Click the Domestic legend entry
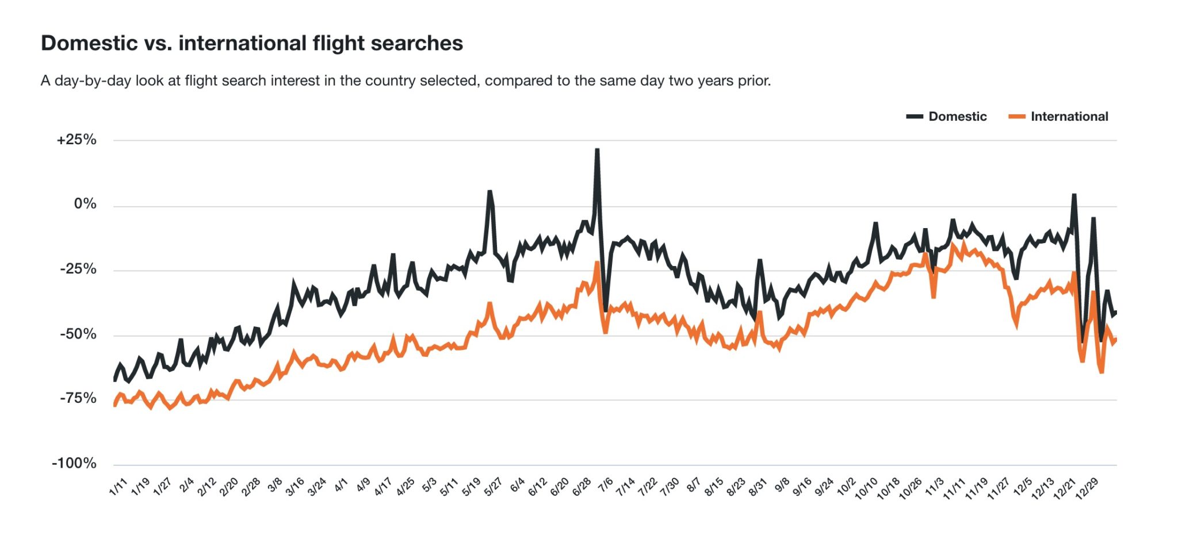pos(957,117)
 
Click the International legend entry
pos(1069,117)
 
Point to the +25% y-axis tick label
pos(77,140)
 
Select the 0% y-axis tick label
pos(85,204)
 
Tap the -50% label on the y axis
pos(78,334)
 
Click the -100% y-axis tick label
pos(75,463)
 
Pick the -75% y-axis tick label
pos(78,398)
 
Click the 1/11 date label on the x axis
pos(118,487)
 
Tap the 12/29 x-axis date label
pos(1087,489)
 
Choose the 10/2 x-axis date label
pos(846,487)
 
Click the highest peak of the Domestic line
pos(597,151)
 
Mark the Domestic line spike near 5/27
pos(489,192)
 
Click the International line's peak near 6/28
pos(597,263)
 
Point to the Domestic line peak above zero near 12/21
pos(1073,195)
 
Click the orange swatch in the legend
pos(1016,117)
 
